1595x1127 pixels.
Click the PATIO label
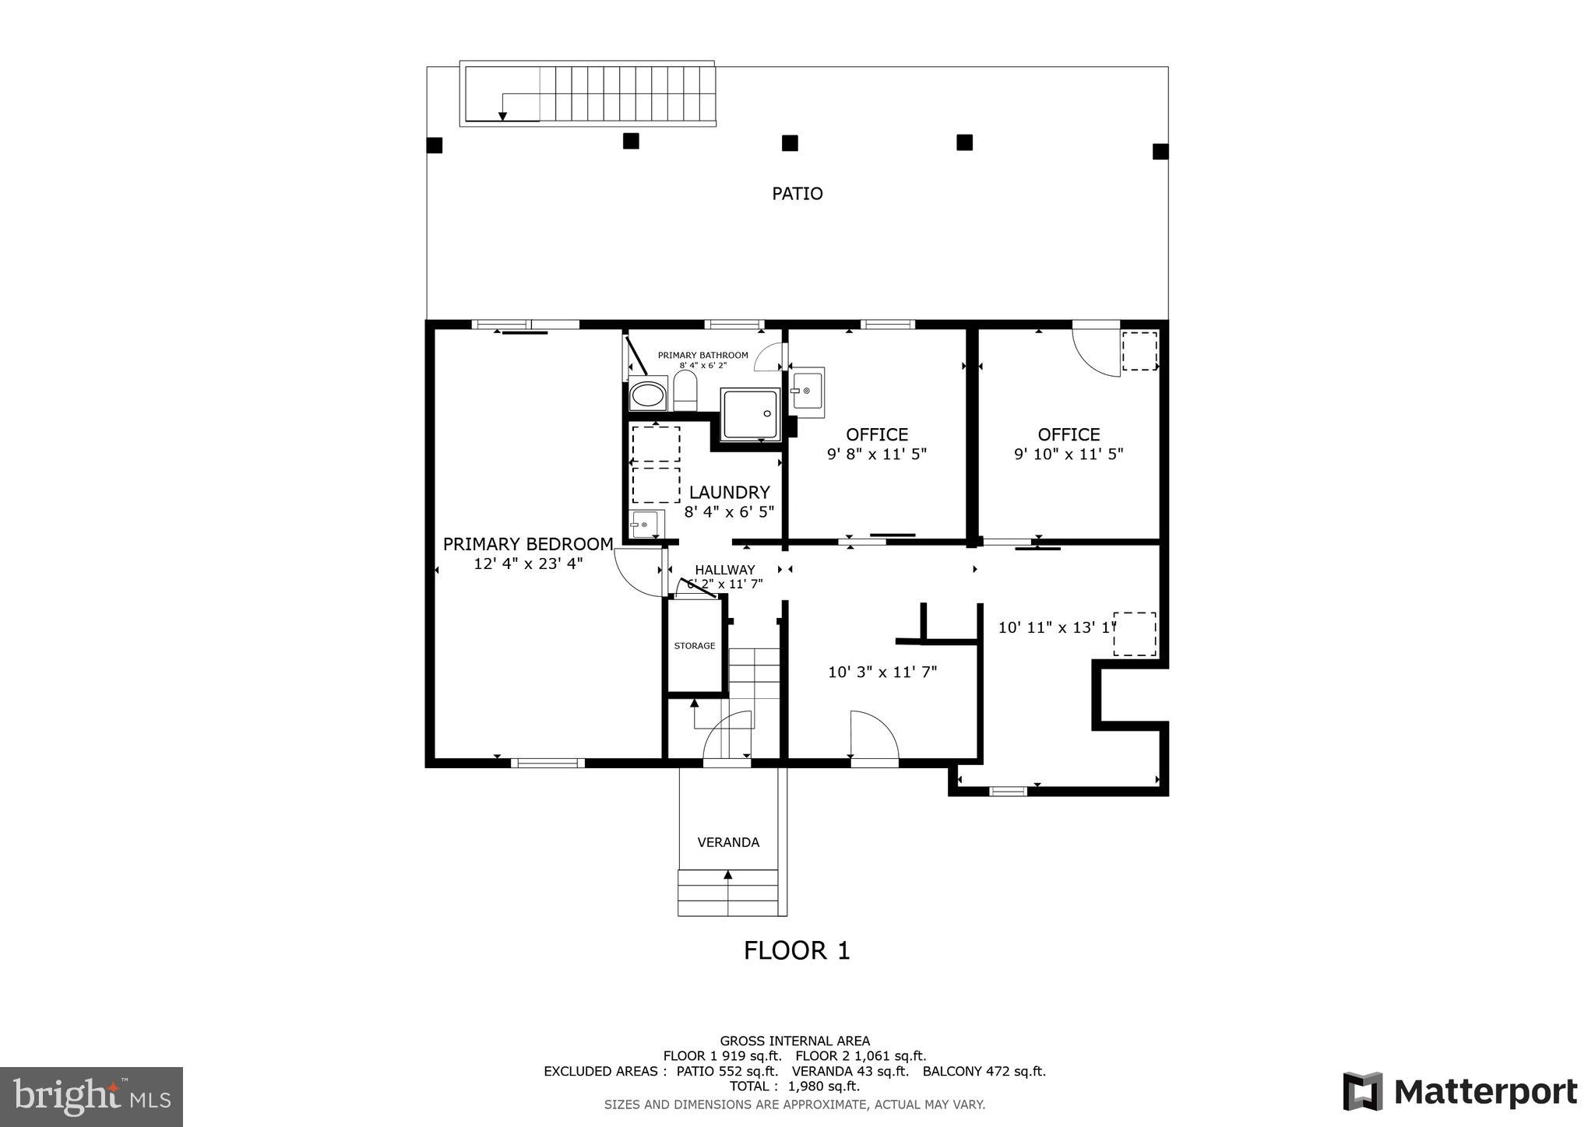[x=797, y=193]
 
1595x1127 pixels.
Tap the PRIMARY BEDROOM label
[x=528, y=544]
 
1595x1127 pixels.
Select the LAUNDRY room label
[x=729, y=492]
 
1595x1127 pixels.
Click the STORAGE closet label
[x=695, y=646]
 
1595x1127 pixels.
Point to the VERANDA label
[x=728, y=842]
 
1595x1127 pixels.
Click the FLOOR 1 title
[x=797, y=950]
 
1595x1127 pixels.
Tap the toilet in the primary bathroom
[x=685, y=390]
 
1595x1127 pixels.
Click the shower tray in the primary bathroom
[x=750, y=414]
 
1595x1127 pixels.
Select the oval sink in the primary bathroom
[x=648, y=395]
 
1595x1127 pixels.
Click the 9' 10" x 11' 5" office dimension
[x=1069, y=454]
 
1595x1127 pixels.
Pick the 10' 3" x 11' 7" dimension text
[x=882, y=672]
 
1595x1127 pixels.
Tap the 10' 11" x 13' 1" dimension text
[x=1057, y=627]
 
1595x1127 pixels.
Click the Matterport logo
[x=1460, y=1091]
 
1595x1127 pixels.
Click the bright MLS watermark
[x=92, y=1097]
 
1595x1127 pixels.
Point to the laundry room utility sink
[x=647, y=525]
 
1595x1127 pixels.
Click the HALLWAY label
[x=725, y=570]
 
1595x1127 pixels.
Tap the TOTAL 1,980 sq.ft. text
[x=794, y=1086]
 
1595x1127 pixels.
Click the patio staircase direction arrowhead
[x=502, y=116]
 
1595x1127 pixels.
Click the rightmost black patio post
[x=1160, y=151]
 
